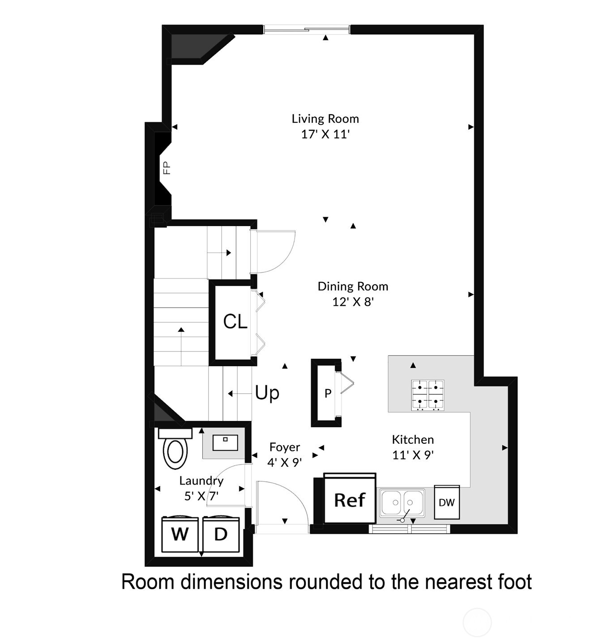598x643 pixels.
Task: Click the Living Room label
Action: point(325,119)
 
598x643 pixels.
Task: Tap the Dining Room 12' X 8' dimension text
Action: point(353,302)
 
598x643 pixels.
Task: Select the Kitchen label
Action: point(413,439)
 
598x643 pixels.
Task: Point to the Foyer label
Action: point(285,447)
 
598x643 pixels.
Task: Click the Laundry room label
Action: point(201,480)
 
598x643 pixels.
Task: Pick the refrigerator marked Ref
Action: point(350,499)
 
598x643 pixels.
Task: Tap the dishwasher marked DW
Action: point(447,502)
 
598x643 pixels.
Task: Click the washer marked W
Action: point(179,534)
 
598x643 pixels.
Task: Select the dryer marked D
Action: point(221,534)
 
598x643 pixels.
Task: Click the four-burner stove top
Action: point(427,395)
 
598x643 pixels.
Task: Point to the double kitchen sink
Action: point(402,502)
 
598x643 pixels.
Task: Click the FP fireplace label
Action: point(167,168)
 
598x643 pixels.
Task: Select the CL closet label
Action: point(235,321)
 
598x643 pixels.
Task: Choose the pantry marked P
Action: point(328,394)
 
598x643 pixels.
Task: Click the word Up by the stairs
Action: point(267,393)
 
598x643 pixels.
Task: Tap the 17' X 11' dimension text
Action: point(325,134)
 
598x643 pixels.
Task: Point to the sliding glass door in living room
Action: point(307,30)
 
